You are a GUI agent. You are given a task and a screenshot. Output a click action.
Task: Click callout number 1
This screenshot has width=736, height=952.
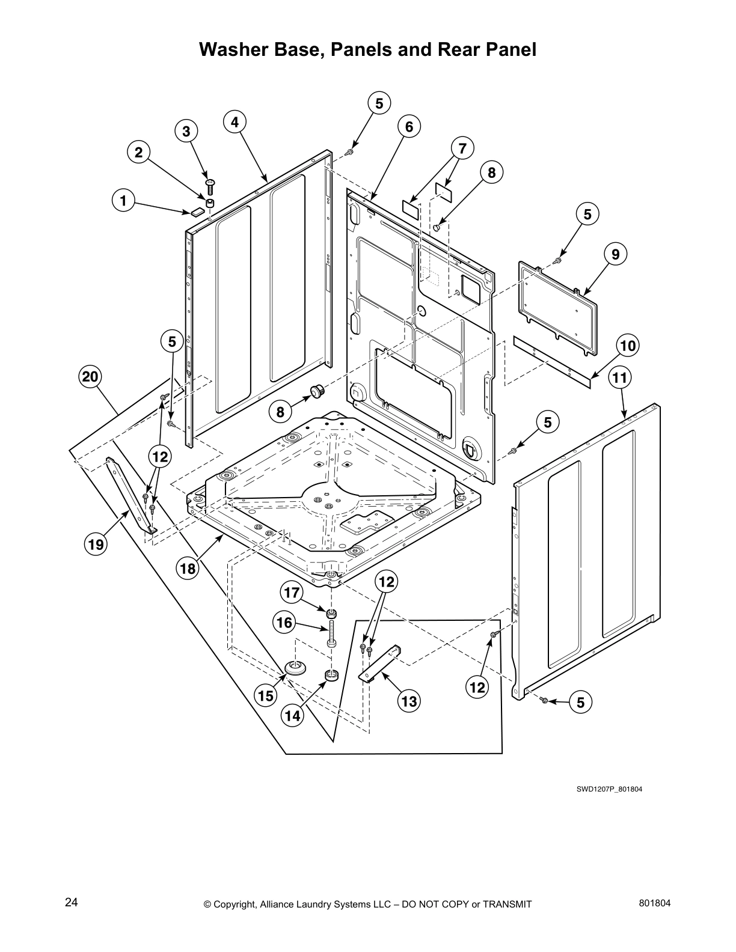click(x=123, y=201)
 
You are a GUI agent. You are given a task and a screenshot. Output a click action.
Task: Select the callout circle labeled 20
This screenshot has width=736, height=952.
click(x=90, y=377)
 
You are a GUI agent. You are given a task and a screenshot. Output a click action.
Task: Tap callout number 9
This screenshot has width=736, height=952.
click(x=616, y=254)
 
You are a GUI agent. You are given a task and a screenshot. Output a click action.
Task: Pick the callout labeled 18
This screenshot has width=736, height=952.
click(x=188, y=568)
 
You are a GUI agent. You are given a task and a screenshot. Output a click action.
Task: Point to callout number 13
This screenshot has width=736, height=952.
click(x=409, y=701)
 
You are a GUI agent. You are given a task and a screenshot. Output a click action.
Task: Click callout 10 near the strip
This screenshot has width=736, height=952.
click(x=628, y=346)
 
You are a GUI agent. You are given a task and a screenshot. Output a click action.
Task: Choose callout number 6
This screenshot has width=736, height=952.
click(x=409, y=127)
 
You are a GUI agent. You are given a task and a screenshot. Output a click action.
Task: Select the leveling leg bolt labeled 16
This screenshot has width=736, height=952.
click(x=331, y=635)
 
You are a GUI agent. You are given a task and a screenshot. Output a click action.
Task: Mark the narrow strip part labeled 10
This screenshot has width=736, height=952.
click(x=551, y=362)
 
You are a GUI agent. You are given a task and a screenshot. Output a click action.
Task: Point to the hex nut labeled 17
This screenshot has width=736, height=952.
click(x=331, y=614)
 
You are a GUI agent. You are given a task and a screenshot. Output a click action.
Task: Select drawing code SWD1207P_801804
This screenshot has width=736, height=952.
click(x=609, y=789)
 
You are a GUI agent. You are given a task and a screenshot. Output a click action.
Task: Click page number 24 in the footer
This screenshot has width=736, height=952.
click(x=71, y=903)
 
